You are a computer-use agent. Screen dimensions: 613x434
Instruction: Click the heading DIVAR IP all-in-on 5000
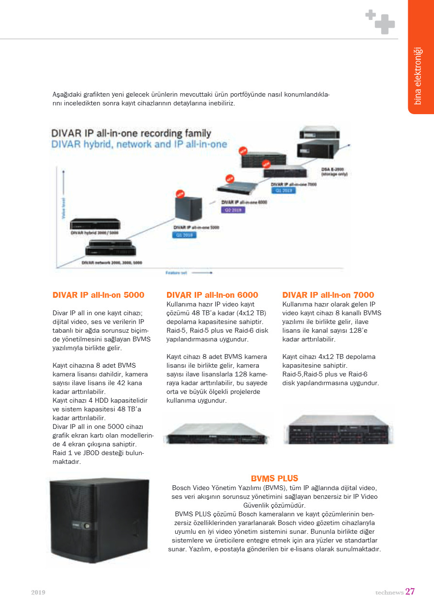click(98, 295)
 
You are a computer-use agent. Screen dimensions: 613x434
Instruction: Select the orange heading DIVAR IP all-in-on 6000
click(212, 295)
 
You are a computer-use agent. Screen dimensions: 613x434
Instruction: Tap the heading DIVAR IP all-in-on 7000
click(328, 295)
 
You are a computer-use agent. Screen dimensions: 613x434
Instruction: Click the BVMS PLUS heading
click(274, 478)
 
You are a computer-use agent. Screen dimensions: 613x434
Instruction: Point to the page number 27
click(410, 592)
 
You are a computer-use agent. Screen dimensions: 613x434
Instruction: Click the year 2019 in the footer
click(38, 593)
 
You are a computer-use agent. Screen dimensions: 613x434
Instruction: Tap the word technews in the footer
click(389, 593)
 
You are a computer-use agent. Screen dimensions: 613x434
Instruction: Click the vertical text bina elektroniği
click(417, 76)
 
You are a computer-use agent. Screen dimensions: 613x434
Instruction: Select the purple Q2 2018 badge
click(234, 210)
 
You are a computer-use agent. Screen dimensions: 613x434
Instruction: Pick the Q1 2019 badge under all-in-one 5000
click(184, 235)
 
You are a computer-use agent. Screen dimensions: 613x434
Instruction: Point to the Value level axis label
click(63, 208)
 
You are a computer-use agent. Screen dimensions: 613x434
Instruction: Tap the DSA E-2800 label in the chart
click(334, 171)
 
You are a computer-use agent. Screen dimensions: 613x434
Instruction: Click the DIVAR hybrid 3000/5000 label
click(94, 233)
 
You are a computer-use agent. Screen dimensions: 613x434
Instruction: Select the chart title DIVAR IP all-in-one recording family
click(131, 133)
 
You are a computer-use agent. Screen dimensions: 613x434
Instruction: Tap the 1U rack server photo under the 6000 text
click(217, 432)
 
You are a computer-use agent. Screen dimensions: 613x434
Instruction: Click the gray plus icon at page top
click(381, 22)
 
